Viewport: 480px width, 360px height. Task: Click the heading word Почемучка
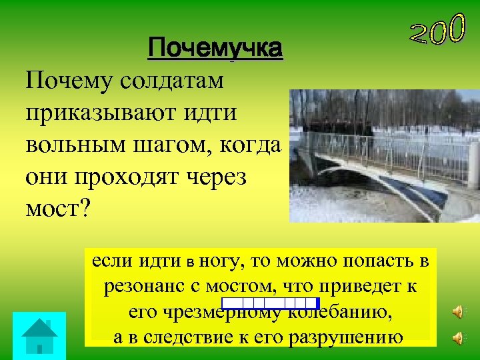(215, 49)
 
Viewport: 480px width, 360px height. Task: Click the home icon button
(39, 335)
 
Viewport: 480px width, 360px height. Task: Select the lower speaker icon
(458, 339)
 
